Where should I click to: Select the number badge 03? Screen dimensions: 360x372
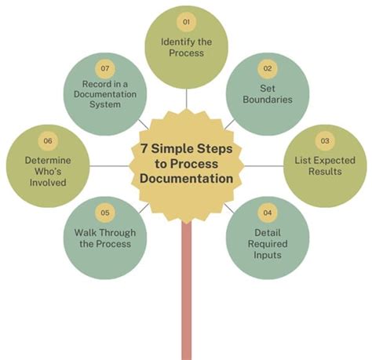click(x=324, y=140)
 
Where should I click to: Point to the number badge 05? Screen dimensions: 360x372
click(x=104, y=212)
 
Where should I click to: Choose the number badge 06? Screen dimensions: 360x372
click(x=48, y=140)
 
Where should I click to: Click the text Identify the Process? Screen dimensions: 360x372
click(x=187, y=46)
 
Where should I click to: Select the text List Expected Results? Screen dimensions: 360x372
click(x=324, y=165)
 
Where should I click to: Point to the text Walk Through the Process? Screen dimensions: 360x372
click(x=104, y=238)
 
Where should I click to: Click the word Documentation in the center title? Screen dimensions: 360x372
click(x=185, y=179)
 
